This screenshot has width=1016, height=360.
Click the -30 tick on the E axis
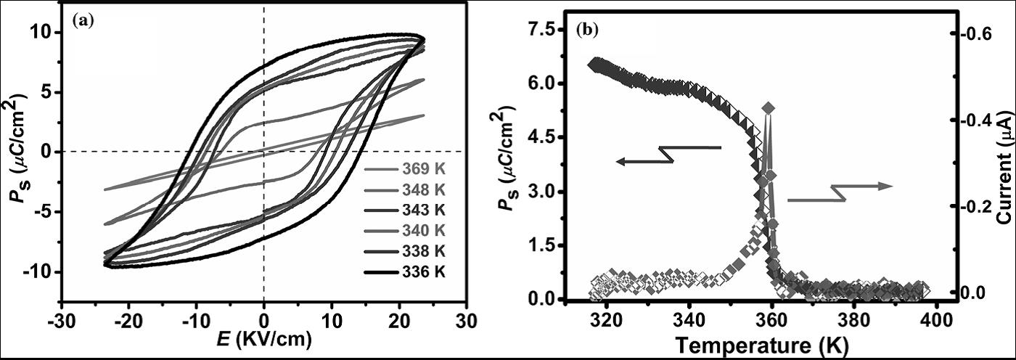click(x=63, y=320)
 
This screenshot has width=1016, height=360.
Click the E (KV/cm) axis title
click(x=264, y=340)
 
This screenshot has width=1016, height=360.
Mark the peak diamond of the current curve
click(x=769, y=108)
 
